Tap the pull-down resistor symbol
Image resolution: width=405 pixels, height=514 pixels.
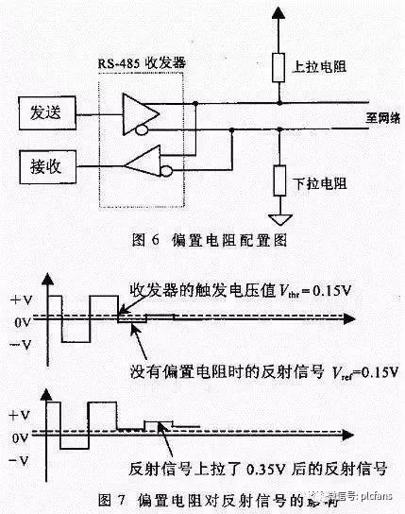pos(278,179)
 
